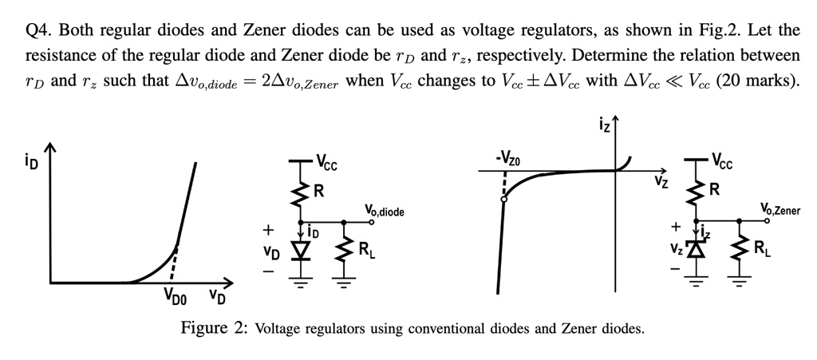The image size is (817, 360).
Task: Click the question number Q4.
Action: coord(39,31)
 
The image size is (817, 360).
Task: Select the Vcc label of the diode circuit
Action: coord(326,165)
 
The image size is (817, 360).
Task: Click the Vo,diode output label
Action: coord(385,212)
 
